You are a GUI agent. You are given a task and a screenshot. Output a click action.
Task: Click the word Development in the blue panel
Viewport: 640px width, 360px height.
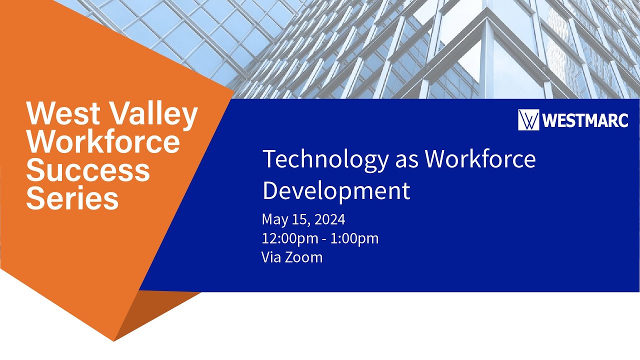click(336, 190)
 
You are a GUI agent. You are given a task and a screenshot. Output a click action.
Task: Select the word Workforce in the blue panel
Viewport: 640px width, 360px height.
click(480, 159)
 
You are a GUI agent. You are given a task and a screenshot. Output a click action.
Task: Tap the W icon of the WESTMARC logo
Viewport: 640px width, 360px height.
click(528, 120)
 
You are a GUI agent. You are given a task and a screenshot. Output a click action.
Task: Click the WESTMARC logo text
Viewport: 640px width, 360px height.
click(584, 120)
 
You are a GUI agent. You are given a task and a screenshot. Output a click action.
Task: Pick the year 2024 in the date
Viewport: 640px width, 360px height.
click(330, 219)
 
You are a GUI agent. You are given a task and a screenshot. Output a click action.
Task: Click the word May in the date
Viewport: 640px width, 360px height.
click(273, 220)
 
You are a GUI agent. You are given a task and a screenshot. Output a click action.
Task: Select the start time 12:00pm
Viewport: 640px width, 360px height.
click(290, 238)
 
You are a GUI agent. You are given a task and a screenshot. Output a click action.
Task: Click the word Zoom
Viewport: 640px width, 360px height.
click(303, 257)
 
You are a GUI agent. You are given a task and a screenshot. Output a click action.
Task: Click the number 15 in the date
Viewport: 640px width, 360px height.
click(297, 219)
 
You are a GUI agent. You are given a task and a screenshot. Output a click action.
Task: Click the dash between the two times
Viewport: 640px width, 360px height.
click(325, 239)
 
